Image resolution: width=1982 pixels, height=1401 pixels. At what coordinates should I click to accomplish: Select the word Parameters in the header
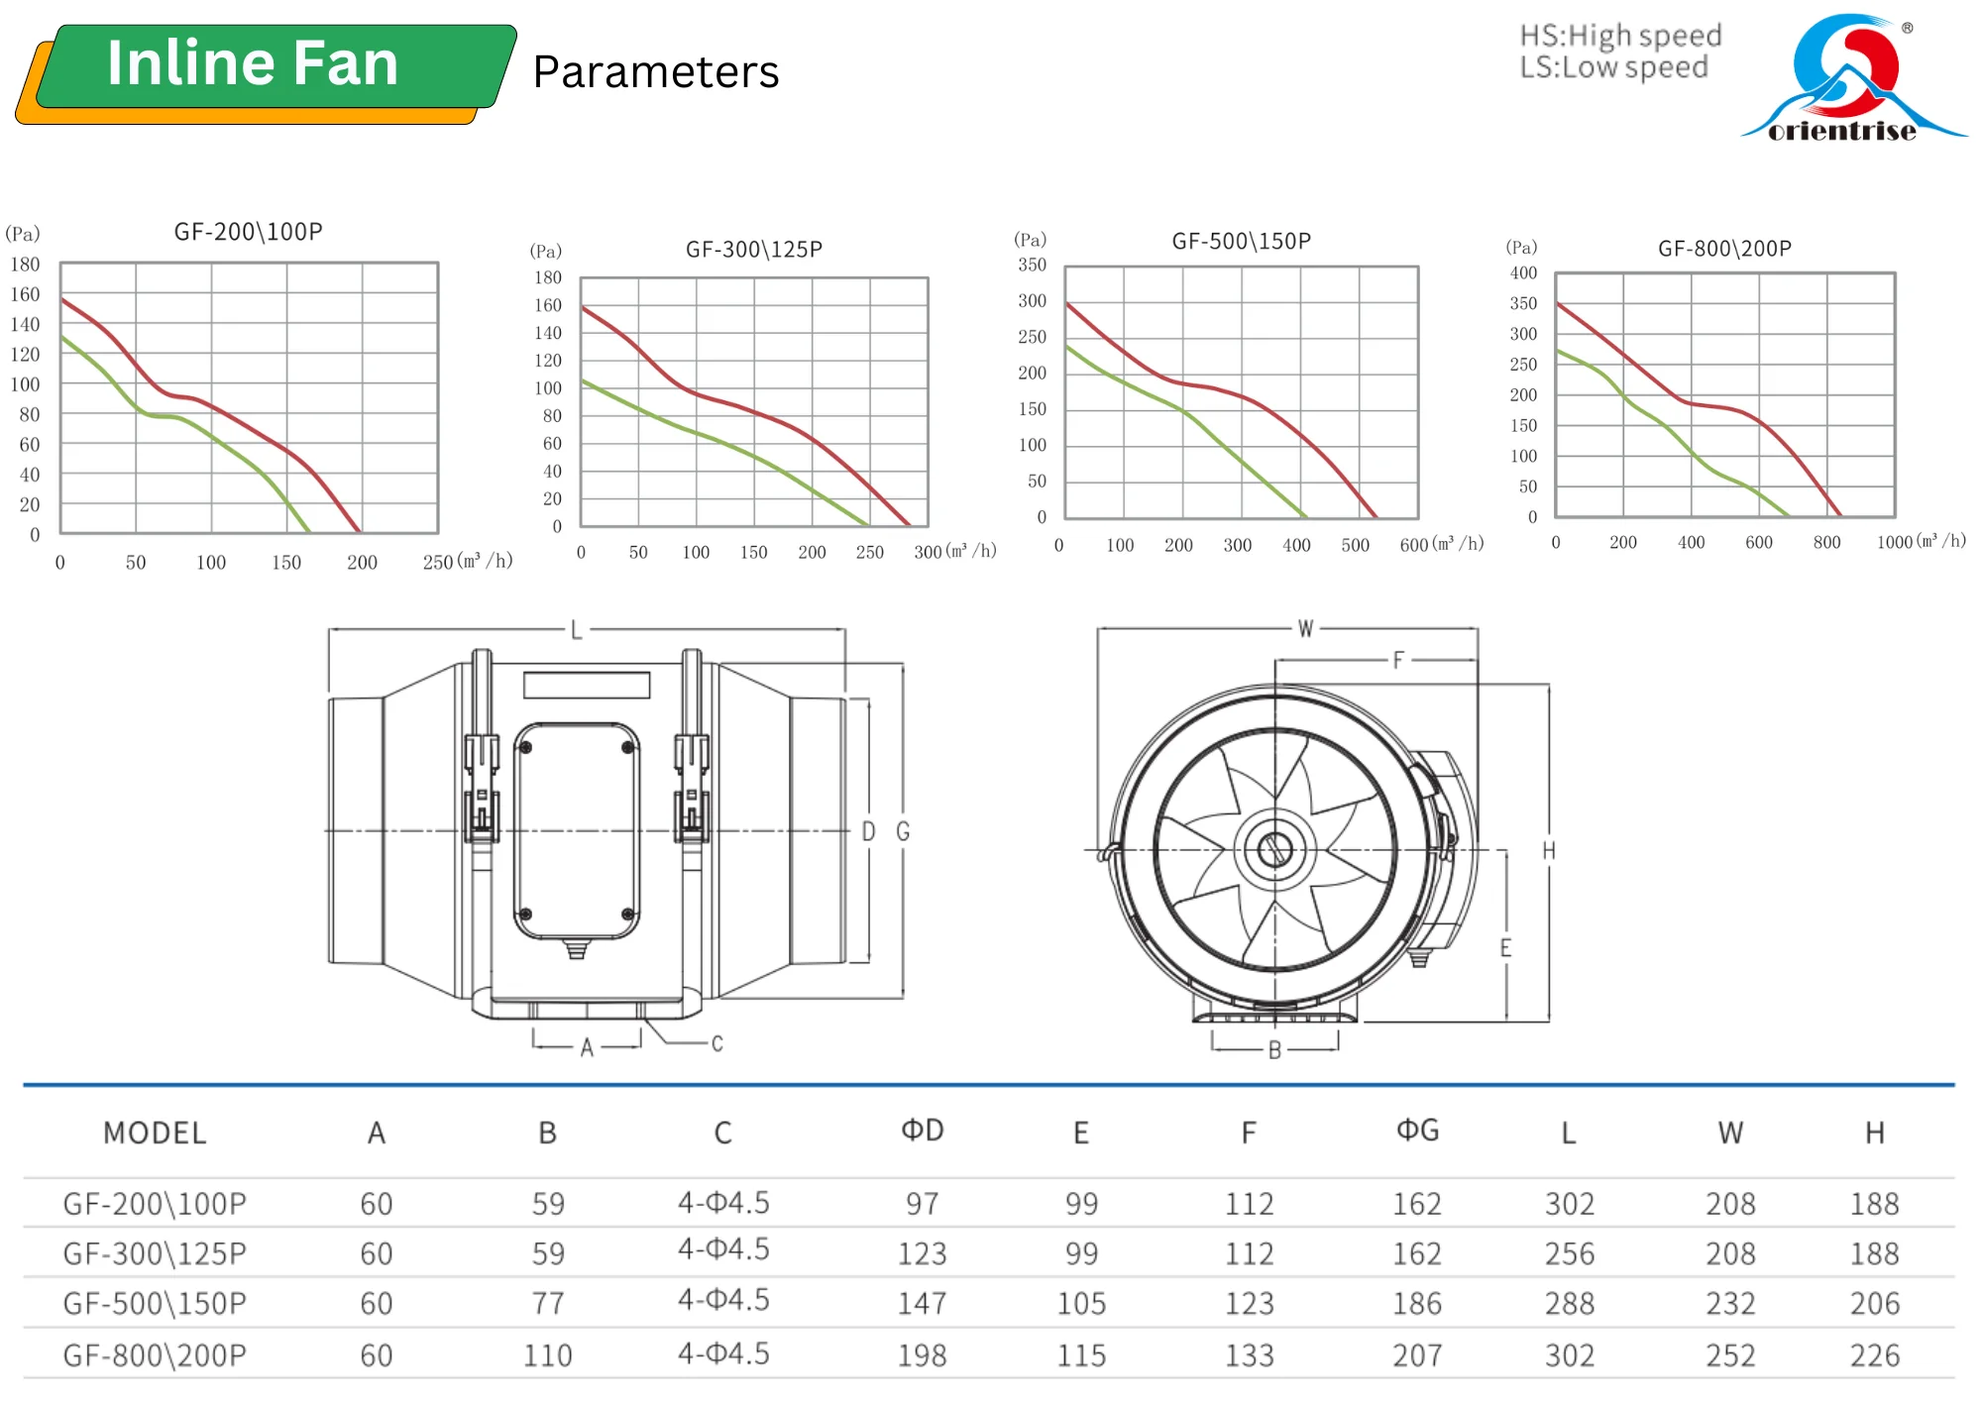tap(655, 72)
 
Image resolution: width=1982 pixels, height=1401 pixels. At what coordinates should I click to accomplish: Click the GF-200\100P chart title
tap(248, 232)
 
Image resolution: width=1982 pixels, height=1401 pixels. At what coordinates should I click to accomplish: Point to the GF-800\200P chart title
tap(1724, 249)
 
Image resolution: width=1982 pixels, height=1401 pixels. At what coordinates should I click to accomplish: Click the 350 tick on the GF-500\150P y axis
tap(1032, 266)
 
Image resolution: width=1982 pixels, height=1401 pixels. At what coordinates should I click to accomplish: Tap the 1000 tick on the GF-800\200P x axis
tap(1895, 543)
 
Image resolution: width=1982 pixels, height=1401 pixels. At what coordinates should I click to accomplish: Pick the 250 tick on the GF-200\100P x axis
tap(437, 563)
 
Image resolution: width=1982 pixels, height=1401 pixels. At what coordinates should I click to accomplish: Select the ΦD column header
tap(922, 1131)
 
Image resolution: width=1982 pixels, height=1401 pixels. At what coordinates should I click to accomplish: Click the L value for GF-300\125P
tap(1569, 1254)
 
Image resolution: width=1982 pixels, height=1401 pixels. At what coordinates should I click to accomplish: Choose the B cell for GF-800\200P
tap(547, 1355)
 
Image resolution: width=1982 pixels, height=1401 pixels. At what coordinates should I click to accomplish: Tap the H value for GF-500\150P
tap(1874, 1304)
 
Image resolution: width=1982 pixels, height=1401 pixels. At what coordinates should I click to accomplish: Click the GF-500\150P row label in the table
tap(155, 1304)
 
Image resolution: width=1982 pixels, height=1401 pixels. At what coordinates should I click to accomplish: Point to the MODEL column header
tap(155, 1132)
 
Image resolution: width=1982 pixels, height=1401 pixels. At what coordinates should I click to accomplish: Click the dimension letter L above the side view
tap(576, 631)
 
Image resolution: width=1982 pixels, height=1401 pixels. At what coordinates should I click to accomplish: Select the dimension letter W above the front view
tap(1305, 629)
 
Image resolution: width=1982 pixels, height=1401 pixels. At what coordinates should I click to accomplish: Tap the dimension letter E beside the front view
tap(1505, 948)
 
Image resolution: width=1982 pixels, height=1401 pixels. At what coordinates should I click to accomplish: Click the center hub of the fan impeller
tap(1274, 849)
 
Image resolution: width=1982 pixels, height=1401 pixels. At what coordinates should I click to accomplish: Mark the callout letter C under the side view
tap(716, 1044)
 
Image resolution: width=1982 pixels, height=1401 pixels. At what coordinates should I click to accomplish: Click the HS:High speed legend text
tap(1620, 37)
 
